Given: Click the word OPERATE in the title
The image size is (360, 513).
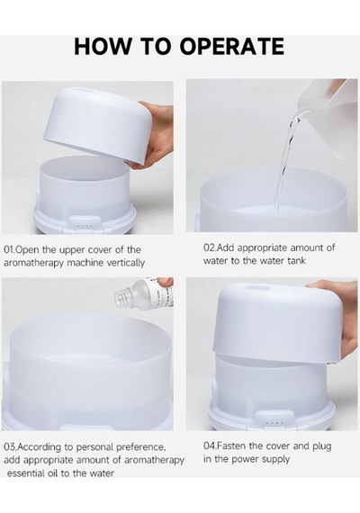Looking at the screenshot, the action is click(x=231, y=46).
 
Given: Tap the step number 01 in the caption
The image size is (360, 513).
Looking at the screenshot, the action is click(x=8, y=250).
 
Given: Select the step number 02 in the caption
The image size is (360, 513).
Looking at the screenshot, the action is click(x=209, y=247).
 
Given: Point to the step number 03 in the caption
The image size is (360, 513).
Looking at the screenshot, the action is click(x=9, y=446).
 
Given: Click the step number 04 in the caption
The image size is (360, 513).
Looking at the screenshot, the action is click(x=209, y=445).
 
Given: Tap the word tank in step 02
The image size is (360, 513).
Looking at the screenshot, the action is click(x=296, y=261).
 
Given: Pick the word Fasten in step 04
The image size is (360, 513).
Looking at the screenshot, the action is click(x=231, y=445).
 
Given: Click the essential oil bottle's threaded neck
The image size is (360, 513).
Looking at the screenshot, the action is click(x=122, y=297).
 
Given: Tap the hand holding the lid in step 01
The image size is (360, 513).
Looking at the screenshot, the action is click(x=157, y=134).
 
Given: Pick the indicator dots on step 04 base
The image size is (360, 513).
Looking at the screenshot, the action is click(x=274, y=423).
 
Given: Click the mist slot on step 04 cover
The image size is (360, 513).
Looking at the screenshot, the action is click(x=258, y=287).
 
